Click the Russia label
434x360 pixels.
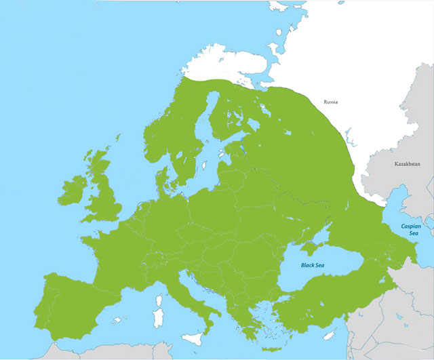(331, 102)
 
